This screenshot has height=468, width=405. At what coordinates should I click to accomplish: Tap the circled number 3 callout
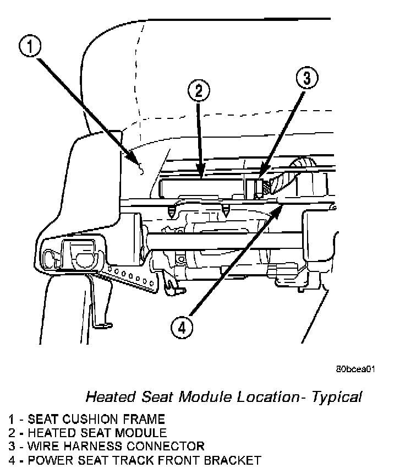(307, 78)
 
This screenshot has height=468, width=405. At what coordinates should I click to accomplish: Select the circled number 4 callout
(182, 328)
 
